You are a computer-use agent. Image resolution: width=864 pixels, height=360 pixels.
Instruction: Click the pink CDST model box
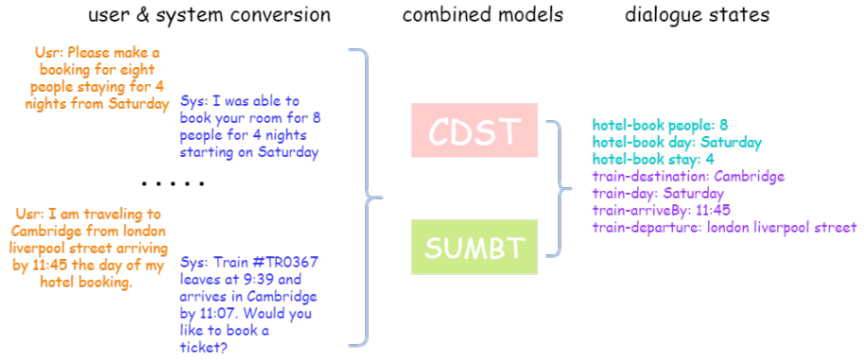coord(474,129)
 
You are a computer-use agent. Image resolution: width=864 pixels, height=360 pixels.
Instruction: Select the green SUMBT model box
coord(474,248)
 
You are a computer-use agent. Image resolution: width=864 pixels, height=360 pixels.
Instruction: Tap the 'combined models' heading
coord(483,15)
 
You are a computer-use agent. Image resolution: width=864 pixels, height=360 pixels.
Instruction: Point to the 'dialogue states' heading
coord(697,15)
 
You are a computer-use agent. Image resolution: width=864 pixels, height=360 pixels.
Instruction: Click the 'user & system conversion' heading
coord(210,15)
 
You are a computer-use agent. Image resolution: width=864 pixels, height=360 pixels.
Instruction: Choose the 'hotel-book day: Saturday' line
coord(677,143)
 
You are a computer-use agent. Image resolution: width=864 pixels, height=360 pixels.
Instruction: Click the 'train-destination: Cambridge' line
coord(688,177)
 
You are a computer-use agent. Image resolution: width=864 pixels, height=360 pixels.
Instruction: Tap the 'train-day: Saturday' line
coord(658,194)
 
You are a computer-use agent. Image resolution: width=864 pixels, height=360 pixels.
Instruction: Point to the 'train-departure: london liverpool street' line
coord(724,228)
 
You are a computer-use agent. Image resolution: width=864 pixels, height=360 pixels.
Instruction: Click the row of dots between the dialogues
coord(173,183)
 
